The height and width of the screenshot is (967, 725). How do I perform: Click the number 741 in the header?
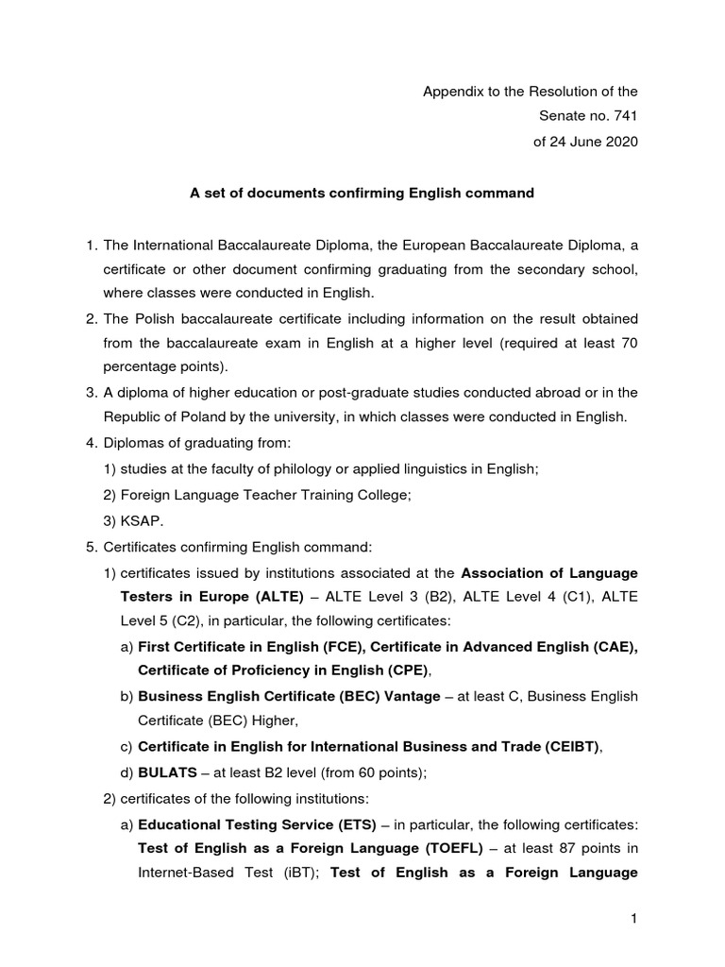click(x=624, y=116)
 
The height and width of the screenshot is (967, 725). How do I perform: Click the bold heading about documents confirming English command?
click(x=362, y=193)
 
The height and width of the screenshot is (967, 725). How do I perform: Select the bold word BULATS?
click(x=164, y=772)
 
